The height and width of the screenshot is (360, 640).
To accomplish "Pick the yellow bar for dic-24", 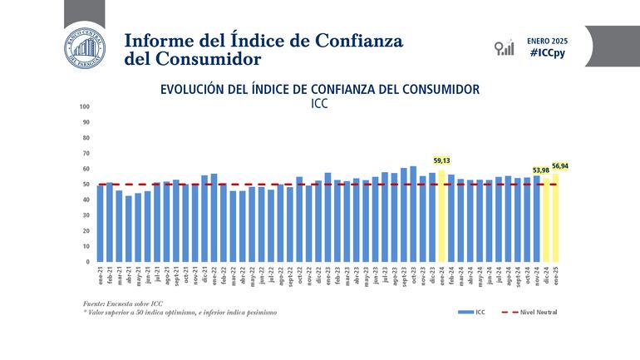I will tap(546, 220).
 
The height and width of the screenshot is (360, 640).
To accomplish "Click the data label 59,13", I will tap(442, 160).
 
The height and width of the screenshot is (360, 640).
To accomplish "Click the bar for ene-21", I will tap(101, 224).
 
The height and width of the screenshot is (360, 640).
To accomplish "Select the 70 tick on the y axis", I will tap(86, 153).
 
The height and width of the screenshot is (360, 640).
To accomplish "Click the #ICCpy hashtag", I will tap(545, 52).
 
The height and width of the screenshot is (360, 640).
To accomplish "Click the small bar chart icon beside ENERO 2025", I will tap(504, 47).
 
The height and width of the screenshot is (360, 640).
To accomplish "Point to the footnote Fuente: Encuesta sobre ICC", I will tap(118, 305).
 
